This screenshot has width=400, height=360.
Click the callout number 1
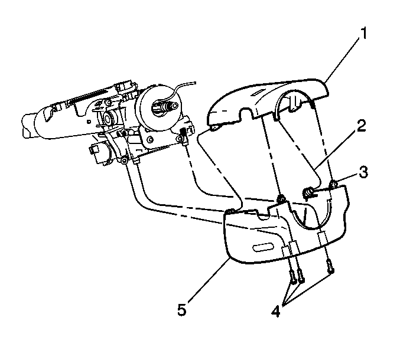point(363,34)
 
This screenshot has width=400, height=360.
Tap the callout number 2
point(362,126)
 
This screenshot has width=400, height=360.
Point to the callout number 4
point(276,311)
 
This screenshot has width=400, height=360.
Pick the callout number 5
point(182,310)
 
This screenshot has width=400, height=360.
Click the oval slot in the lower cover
point(262,248)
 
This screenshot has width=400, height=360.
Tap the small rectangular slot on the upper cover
point(258,93)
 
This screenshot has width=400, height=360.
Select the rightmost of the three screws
point(330,267)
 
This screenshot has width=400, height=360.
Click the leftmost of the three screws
point(292,277)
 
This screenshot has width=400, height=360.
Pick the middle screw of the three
point(301,276)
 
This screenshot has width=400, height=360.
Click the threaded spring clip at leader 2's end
point(307,192)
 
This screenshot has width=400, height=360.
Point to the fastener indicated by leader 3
point(333,184)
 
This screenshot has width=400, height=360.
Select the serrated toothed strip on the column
point(88,95)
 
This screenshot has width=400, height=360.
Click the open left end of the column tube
point(26,127)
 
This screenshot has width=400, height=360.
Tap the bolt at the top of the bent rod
point(125,161)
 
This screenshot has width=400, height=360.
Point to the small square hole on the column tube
point(88,122)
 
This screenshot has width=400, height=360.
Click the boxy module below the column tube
point(99,154)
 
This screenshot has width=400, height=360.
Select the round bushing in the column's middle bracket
point(109,118)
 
